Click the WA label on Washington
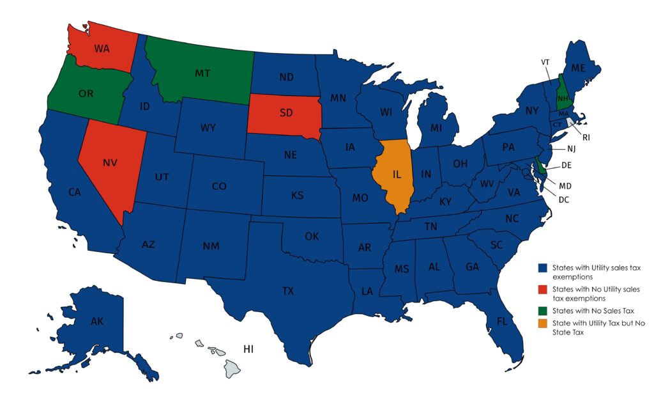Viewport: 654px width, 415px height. (x=102, y=48)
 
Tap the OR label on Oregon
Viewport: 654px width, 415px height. (x=86, y=94)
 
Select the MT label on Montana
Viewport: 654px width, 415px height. (x=203, y=74)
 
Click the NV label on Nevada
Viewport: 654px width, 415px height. (x=110, y=163)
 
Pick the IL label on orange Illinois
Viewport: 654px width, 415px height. (x=397, y=174)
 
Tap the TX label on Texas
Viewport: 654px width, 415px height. (x=288, y=291)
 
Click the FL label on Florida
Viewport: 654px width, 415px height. (x=502, y=321)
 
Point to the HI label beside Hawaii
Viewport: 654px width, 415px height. (x=248, y=348)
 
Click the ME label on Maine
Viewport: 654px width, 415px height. (x=578, y=68)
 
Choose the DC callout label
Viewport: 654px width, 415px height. (x=563, y=200)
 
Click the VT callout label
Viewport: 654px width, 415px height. (x=545, y=62)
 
